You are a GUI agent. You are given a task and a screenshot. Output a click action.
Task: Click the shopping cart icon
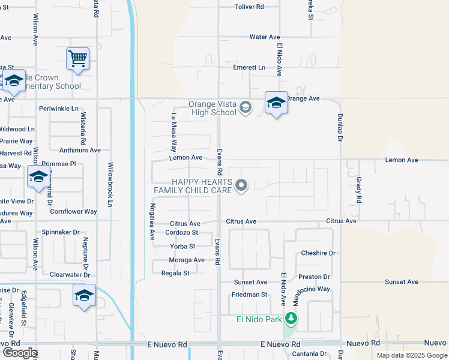(77, 59)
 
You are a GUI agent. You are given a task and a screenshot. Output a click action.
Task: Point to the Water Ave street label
(265, 37)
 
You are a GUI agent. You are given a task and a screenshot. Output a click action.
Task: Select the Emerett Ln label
(249, 68)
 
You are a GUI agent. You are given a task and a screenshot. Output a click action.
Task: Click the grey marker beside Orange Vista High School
(245, 108)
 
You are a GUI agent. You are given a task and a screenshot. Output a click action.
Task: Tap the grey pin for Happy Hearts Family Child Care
(241, 186)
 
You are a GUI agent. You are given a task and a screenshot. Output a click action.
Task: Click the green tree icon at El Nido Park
(291, 319)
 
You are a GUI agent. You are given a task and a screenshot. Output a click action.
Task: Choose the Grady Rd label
(359, 188)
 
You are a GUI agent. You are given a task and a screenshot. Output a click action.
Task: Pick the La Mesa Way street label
(174, 131)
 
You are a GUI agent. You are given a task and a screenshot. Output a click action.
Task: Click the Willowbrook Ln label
(110, 184)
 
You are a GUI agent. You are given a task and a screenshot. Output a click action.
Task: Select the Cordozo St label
(181, 233)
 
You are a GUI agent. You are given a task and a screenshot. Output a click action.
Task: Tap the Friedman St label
(250, 295)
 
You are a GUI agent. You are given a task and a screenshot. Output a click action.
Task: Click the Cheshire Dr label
(318, 253)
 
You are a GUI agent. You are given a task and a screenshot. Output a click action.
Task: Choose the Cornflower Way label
(73, 212)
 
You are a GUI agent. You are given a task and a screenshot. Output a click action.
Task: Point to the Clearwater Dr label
(70, 275)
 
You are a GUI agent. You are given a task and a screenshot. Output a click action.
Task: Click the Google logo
(20, 353)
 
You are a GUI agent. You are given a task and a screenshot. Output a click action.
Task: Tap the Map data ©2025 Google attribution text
(411, 355)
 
